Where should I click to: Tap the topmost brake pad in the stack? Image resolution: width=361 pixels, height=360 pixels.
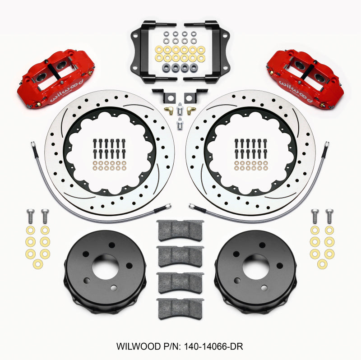pos(180,230)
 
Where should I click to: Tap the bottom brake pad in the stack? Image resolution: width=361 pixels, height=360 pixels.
pos(180,309)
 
